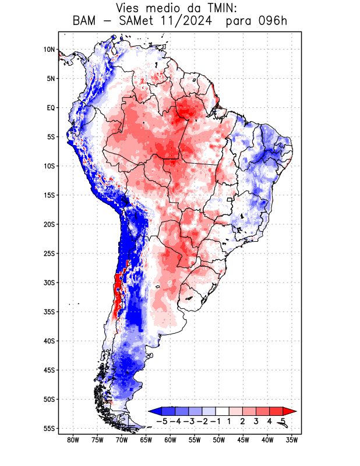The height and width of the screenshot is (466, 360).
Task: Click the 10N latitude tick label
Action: coord(49,50)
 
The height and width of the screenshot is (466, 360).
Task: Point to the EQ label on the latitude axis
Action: coord(51,108)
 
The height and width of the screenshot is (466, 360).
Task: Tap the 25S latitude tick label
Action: coord(49,253)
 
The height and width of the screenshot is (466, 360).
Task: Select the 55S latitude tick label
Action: coord(49,428)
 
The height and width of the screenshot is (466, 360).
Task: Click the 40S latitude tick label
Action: coord(49,341)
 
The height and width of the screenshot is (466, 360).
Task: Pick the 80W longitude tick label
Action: coord(73,440)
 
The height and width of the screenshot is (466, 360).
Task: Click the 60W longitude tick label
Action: coord(170,440)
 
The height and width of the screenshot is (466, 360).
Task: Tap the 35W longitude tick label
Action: coord(292,440)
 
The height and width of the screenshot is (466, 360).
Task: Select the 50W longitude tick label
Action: coord(219,440)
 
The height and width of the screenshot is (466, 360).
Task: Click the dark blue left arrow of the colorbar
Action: coord(154,411)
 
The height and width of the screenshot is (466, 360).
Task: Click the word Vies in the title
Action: coord(130,8)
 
